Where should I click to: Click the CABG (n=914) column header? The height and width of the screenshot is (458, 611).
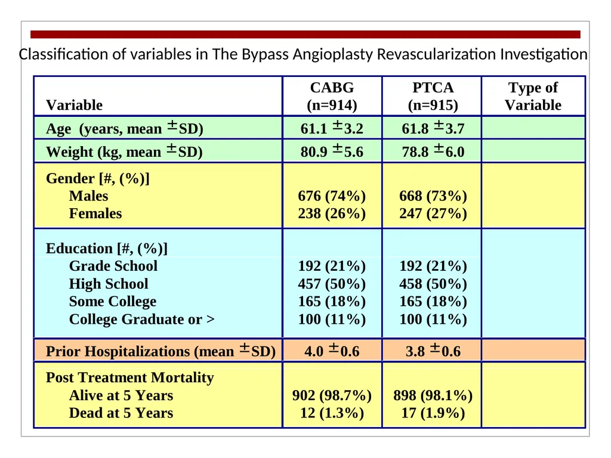click(x=332, y=96)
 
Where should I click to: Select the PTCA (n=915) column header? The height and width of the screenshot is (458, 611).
click(x=433, y=96)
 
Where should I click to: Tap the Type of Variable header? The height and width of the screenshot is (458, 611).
click(x=533, y=96)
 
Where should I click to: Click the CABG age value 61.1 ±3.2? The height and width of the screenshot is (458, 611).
click(x=332, y=128)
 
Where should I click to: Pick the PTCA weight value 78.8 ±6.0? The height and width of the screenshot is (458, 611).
click(x=433, y=151)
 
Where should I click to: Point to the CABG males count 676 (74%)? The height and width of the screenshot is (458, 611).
click(x=332, y=196)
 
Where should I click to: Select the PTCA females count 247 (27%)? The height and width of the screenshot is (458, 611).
click(x=433, y=213)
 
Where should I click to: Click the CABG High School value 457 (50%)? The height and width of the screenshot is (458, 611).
click(x=332, y=283)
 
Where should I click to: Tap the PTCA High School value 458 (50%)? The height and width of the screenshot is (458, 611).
click(x=433, y=283)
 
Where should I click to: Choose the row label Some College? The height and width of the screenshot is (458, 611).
click(x=113, y=301)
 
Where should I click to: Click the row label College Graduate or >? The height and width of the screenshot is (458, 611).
click(x=142, y=320)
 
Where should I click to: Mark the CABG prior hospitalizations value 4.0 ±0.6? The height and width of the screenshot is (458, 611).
click(x=332, y=351)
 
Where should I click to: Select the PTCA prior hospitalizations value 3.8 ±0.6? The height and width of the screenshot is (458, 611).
click(x=433, y=351)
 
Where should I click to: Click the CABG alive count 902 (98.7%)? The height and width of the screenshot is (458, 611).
click(x=332, y=395)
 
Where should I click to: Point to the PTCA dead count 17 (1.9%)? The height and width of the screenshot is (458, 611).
click(x=433, y=413)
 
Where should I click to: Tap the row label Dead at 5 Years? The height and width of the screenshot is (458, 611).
click(x=121, y=413)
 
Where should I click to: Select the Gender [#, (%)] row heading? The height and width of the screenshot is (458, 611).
click(x=97, y=178)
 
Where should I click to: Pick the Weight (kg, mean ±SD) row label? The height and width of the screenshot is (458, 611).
click(x=124, y=151)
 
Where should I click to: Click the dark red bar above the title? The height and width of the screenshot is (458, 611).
click(x=305, y=34)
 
